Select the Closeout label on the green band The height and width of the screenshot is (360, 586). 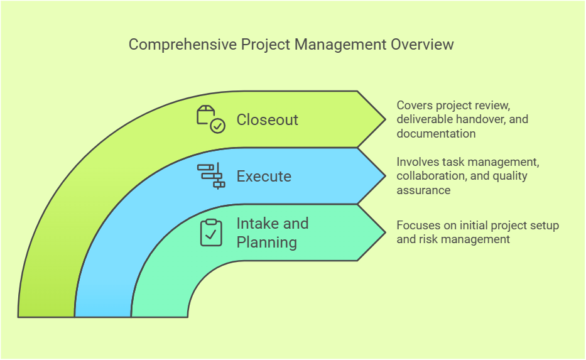point(267,120)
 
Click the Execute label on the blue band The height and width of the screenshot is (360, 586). point(264,177)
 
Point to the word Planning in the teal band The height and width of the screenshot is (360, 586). point(266,243)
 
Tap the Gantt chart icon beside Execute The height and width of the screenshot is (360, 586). point(211,176)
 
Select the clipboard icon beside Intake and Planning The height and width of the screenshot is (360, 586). point(211,232)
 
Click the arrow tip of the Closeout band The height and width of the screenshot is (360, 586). point(384,119)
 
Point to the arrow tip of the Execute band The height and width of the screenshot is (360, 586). point(384,176)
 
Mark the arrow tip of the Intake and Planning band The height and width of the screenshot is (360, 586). point(384,232)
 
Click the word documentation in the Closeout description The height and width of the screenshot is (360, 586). point(436,134)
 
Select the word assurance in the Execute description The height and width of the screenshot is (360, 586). point(423,190)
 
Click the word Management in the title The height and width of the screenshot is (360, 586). point(349,45)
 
